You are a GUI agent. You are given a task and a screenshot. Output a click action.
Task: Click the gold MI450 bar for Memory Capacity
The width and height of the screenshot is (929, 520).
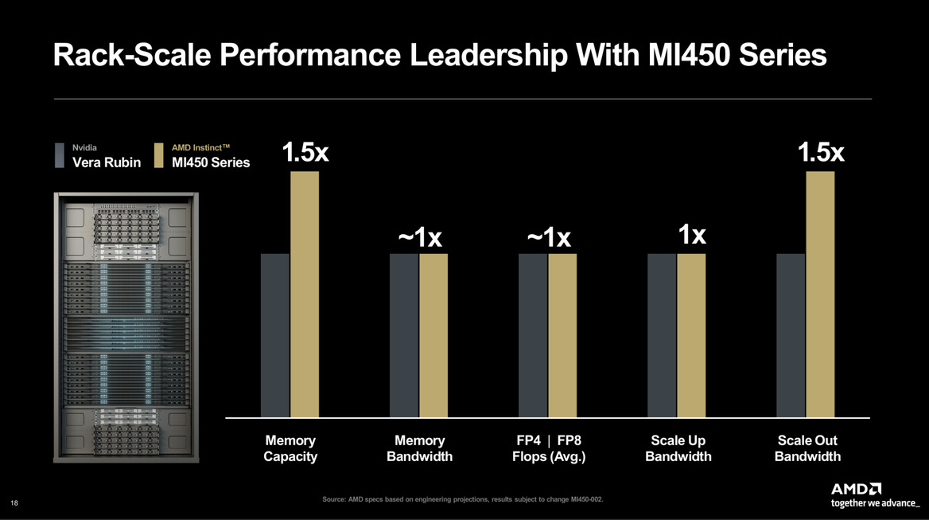click(x=305, y=295)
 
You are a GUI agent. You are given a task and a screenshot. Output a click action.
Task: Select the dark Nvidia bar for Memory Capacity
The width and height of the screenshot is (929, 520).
click(x=275, y=335)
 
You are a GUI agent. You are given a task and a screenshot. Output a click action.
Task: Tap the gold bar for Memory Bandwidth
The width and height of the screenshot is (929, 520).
click(x=433, y=335)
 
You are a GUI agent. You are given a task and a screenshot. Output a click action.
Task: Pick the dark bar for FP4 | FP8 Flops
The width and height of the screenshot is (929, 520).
click(x=533, y=335)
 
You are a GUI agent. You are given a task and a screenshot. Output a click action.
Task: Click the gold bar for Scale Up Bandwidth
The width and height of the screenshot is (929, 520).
click(x=691, y=335)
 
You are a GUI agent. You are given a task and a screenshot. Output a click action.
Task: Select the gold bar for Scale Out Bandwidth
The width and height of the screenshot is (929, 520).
click(x=820, y=295)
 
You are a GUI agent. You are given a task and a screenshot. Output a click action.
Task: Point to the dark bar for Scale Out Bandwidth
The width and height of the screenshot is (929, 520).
click(x=791, y=335)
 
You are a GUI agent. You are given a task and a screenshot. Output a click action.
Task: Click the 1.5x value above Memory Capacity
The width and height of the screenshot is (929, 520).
click(x=305, y=153)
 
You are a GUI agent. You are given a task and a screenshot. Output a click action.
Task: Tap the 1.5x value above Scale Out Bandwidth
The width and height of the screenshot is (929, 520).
click(x=821, y=153)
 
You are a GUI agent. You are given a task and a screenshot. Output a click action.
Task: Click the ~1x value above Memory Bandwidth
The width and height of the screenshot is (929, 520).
click(x=419, y=237)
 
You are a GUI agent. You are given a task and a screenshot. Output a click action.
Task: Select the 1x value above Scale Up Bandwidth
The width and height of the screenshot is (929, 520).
click(x=692, y=235)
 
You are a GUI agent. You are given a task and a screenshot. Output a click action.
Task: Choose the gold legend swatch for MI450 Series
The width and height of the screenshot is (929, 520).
click(x=159, y=156)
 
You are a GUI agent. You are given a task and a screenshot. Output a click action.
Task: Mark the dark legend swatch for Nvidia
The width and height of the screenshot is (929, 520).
click(x=59, y=156)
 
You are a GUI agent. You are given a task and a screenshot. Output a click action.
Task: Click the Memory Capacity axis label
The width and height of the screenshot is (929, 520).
click(x=290, y=448)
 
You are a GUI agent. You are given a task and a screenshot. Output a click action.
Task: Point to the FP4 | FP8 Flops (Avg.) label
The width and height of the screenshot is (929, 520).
click(x=549, y=448)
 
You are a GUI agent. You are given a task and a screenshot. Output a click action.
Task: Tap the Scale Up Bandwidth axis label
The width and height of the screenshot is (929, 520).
click(x=678, y=448)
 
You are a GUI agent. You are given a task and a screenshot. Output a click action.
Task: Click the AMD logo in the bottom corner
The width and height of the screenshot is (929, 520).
click(x=857, y=488)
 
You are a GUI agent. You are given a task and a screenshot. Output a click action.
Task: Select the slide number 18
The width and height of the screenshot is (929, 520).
click(x=14, y=502)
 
